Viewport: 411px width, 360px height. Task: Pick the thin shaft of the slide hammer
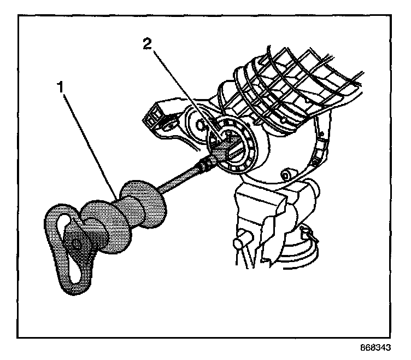click(x=180, y=178)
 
